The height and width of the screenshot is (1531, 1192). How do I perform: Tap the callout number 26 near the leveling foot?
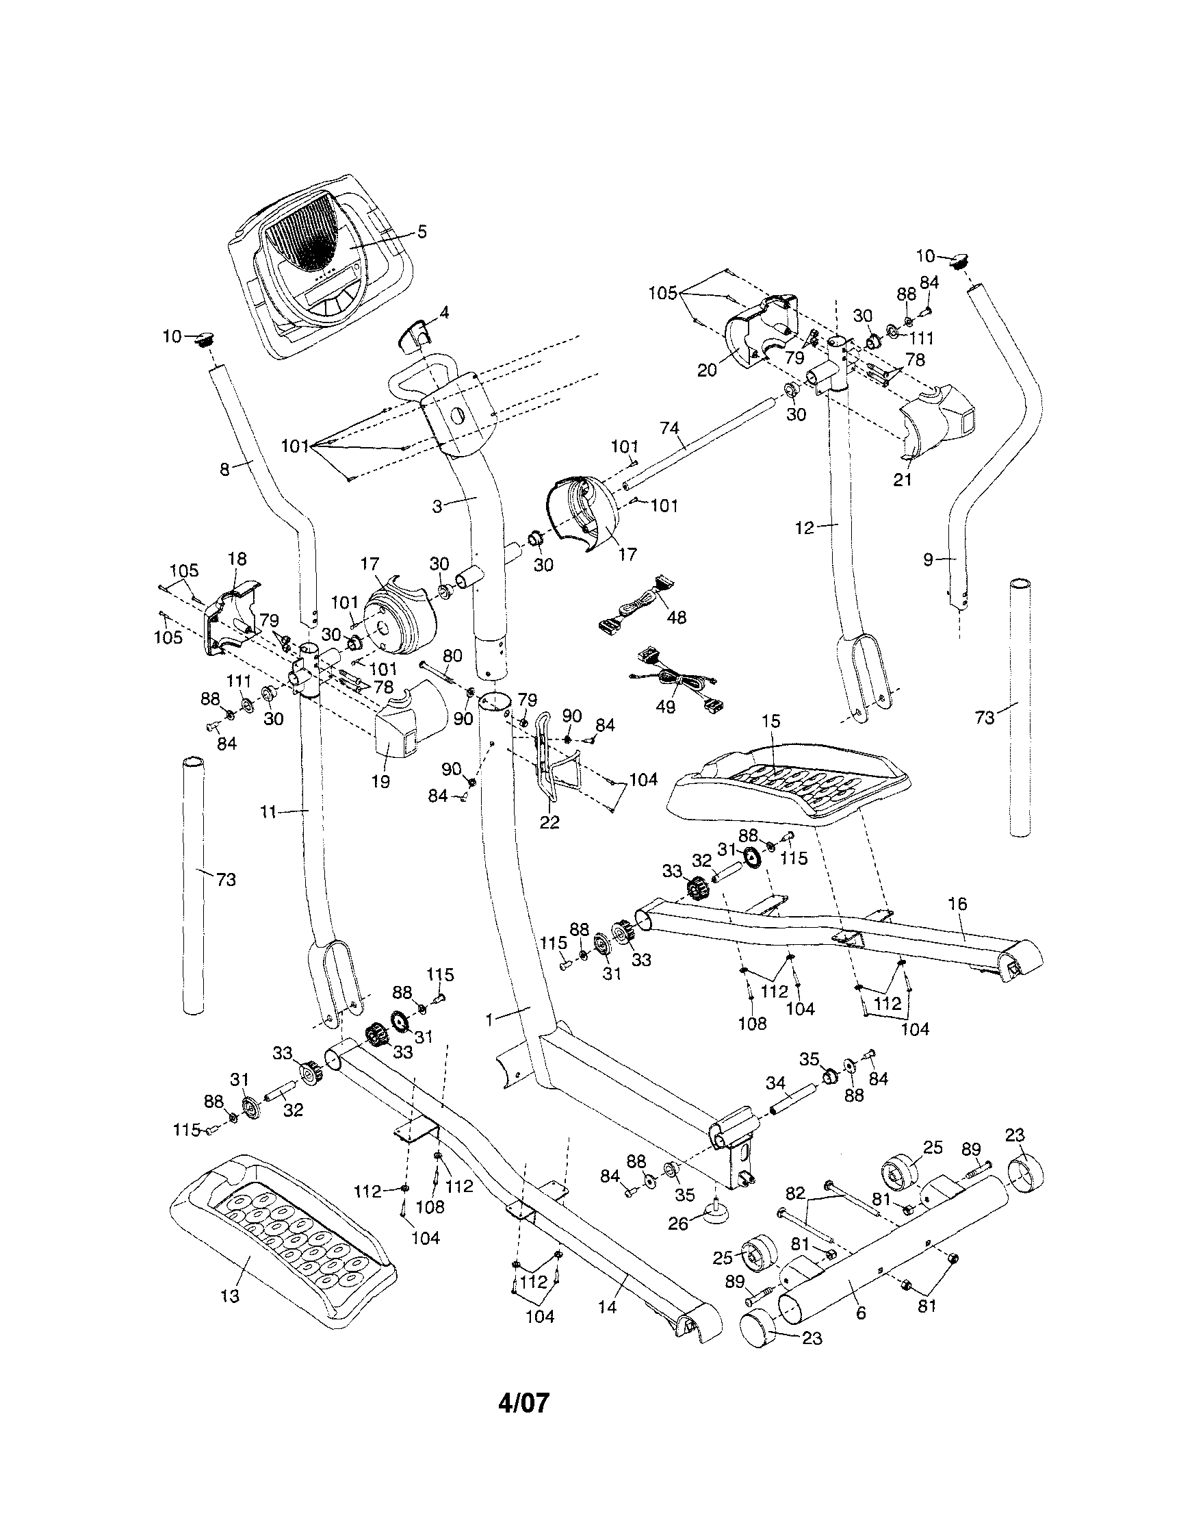(677, 1224)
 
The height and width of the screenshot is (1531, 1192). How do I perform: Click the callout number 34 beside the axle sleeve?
(775, 1083)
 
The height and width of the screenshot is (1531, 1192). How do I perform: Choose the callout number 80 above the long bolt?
(453, 656)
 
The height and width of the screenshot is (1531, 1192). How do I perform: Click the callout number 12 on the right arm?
(806, 528)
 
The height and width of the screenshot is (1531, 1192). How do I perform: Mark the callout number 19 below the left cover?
(380, 781)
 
